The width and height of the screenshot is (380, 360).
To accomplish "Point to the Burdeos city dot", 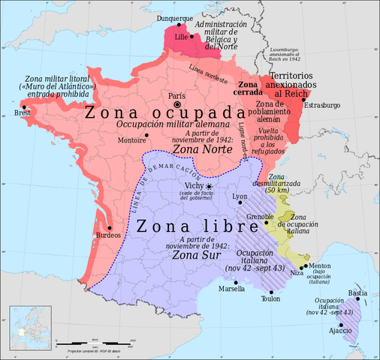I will click(x=110, y=228).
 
